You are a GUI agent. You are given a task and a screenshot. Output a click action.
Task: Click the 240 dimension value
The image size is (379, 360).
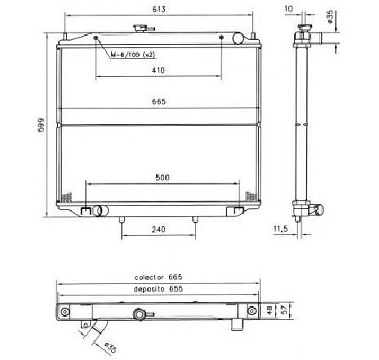coord(158,231)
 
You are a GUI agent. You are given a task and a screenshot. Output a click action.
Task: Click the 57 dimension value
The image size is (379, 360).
coord(283,311)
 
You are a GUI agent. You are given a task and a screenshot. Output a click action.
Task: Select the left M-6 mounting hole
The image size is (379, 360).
coord(97,38)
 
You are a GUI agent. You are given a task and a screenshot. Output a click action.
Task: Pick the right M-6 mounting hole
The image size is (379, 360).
coord(221,38)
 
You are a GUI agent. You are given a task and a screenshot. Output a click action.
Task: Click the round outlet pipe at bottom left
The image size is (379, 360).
coord(100,212)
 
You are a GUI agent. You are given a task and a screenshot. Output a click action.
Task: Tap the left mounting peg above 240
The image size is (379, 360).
coord(121,220)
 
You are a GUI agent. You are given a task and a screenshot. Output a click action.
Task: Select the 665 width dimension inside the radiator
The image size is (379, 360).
coord(158,102)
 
